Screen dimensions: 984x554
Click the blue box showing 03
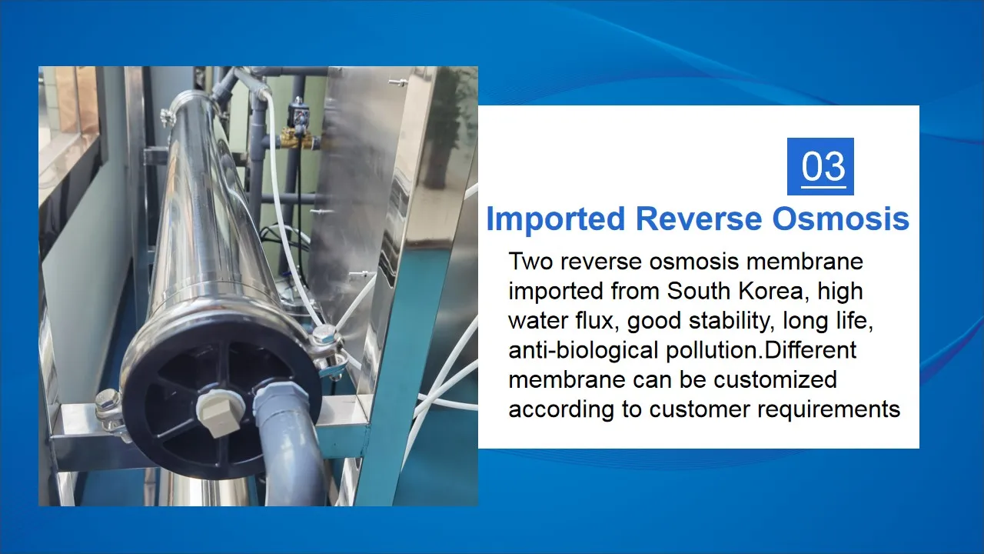point(820,166)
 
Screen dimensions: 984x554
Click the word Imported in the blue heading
point(556,219)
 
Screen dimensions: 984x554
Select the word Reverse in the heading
point(699,219)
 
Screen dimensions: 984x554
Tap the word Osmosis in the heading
point(840,219)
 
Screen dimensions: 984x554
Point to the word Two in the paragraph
point(530,261)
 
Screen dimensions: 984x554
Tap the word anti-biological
point(583,351)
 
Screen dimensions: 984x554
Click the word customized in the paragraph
point(775,379)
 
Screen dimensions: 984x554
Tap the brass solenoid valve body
point(300,138)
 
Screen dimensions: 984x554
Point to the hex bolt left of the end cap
point(108,402)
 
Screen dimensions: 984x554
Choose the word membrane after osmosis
point(805,261)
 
